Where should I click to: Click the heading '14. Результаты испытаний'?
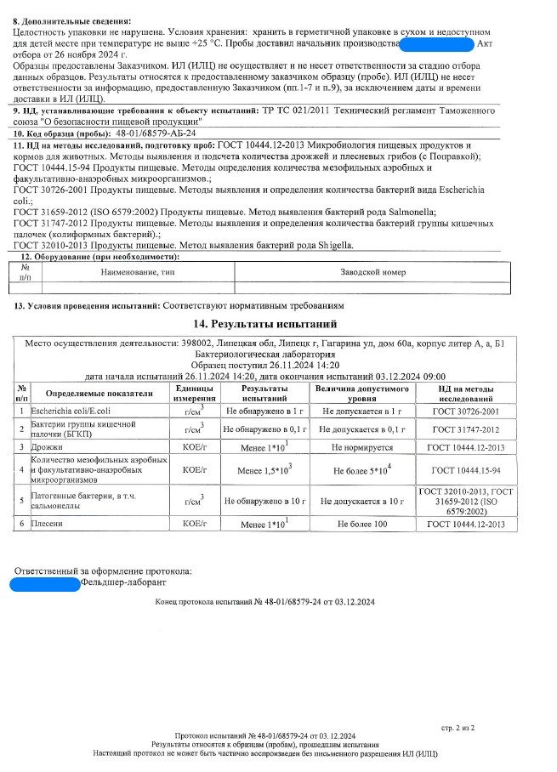pyautogui.click(x=266, y=324)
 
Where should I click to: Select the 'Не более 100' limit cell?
pyautogui.click(x=361, y=525)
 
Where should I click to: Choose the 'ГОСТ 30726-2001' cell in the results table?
pyautogui.click(x=467, y=411)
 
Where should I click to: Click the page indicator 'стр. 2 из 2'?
pyautogui.click(x=458, y=728)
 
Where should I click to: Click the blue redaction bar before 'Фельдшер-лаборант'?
pyautogui.click(x=43, y=583)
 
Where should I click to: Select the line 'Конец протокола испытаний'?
pyautogui.click(x=264, y=602)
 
